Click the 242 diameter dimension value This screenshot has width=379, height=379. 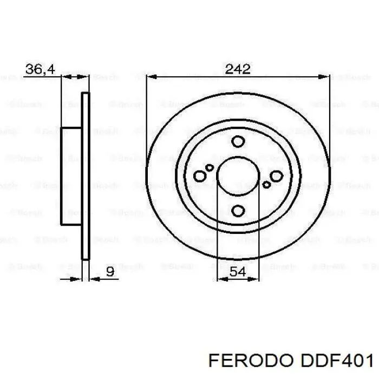tap(238, 69)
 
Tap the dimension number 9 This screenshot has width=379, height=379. tap(110, 272)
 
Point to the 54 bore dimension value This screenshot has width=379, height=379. tap(238, 272)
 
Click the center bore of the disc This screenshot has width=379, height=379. tap(238, 176)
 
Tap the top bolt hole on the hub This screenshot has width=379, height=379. tap(238, 142)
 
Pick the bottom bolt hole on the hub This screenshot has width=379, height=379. tap(238, 211)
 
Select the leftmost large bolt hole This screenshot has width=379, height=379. tap(200, 176)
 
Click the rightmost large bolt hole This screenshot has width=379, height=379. tap(276, 176)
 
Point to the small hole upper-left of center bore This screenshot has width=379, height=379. tap(209, 167)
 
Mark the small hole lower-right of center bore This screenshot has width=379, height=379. tap(266, 185)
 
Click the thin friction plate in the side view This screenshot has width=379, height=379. tap(84, 176)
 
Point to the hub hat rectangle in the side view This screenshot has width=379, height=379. tap(71, 176)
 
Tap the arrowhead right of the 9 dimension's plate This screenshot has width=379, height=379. tap(92, 279)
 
